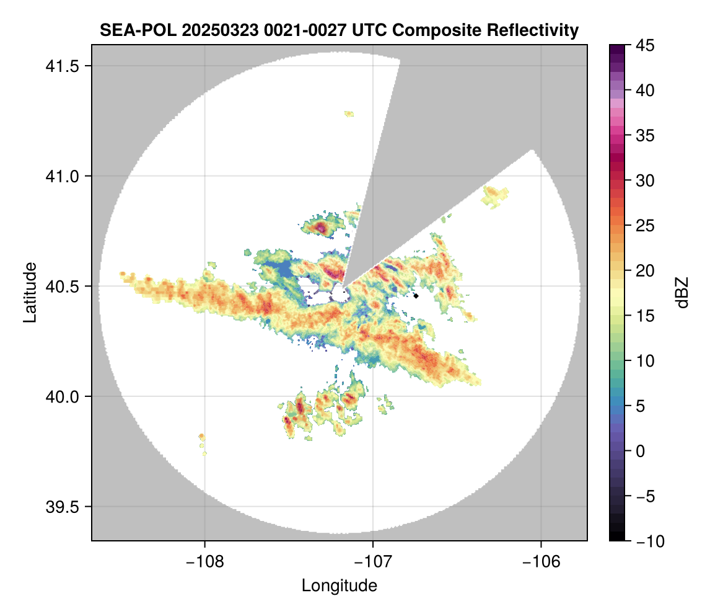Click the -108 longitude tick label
coord(204,561)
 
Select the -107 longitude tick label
coord(373,561)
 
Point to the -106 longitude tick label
coord(541,561)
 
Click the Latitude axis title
coord(30,292)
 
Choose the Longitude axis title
coord(339,585)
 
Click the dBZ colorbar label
coord(682,293)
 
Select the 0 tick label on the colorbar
coord(640,451)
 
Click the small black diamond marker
coord(416,296)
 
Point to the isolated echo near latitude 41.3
coord(349,113)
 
